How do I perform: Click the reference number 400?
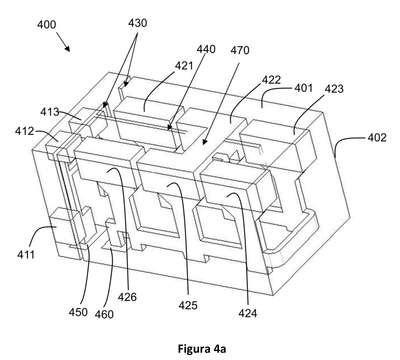click(47, 25)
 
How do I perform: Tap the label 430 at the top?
click(137, 23)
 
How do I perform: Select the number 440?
click(206, 49)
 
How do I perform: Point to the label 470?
click(240, 50)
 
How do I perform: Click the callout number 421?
click(184, 65)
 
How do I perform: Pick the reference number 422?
click(271, 80)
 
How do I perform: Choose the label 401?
click(303, 88)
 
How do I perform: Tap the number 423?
click(334, 89)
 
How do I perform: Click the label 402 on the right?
click(377, 137)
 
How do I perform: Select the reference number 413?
click(50, 112)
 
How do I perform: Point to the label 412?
click(24, 131)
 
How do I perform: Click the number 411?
click(26, 255)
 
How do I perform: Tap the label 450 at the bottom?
click(78, 312)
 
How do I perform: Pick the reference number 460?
click(104, 314)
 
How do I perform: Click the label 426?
click(127, 296)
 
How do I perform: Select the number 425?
click(188, 305)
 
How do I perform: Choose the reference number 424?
click(248, 313)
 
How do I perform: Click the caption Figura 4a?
click(202, 349)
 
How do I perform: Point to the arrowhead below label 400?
click(68, 49)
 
